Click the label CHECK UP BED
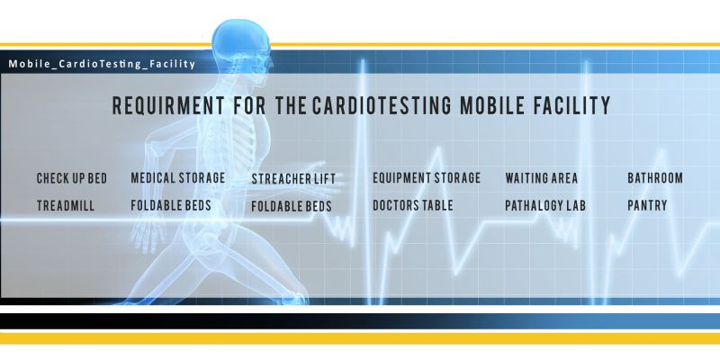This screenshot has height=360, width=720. [x=72, y=178]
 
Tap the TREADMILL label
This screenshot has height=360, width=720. [x=66, y=206]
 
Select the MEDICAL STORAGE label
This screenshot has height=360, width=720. [x=178, y=177]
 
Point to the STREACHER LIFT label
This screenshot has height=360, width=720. [x=293, y=179]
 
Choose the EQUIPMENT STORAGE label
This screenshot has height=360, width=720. [x=427, y=177]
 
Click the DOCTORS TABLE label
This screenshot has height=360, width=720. [x=413, y=205]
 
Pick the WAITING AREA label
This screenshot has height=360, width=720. [x=542, y=178]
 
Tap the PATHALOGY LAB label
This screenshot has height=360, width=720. [x=545, y=206]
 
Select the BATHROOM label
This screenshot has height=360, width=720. [x=655, y=177]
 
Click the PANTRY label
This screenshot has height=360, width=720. [x=647, y=205]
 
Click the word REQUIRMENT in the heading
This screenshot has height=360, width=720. [x=168, y=105]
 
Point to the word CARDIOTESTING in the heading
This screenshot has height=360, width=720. [x=382, y=105]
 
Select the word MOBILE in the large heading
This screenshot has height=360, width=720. [x=492, y=105]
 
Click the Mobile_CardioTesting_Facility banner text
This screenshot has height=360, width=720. [x=102, y=64]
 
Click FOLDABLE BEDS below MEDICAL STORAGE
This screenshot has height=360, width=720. [x=171, y=205]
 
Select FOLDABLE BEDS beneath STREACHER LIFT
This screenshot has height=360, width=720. [x=292, y=207]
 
